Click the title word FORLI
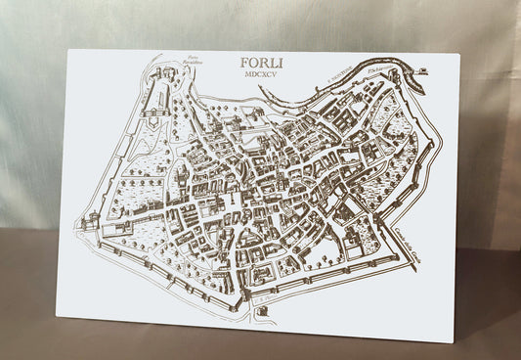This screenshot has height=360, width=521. pos(262,65)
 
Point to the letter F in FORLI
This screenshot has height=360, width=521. pos(243,65)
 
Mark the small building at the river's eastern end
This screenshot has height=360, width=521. pos(421,71)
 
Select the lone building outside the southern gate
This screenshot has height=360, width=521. pos(263,311)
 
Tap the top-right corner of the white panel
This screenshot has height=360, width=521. pos(459,54)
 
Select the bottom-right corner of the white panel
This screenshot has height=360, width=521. pos(454,343)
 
